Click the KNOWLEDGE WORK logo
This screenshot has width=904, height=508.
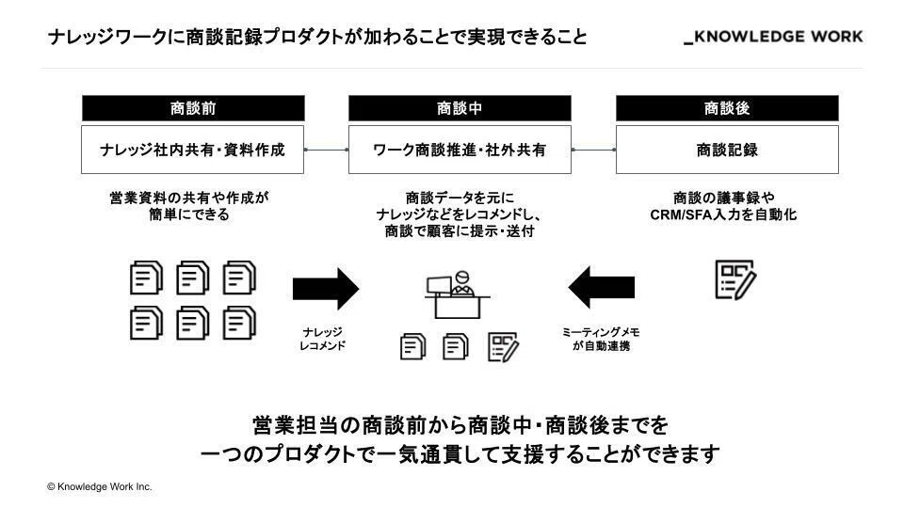[773, 37]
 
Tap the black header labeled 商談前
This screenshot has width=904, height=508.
[193, 108]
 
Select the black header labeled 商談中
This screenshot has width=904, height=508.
[460, 108]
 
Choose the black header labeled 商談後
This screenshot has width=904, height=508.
[727, 108]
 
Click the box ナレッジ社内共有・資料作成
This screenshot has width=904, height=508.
[192, 150]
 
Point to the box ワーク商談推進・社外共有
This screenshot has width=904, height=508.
[460, 150]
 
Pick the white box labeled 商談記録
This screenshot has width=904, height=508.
[727, 150]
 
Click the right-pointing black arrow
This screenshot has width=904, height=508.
[326, 289]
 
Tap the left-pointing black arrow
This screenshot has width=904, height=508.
[602, 288]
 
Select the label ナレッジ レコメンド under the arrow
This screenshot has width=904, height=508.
[323, 339]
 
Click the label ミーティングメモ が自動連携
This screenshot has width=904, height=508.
[601, 339]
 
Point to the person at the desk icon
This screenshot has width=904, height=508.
[458, 294]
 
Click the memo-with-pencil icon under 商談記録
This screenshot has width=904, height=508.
[735, 280]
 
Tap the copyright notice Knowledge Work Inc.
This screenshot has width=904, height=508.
[100, 486]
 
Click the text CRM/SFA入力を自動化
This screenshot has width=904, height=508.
[723, 214]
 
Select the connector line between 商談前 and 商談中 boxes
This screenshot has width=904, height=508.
[327, 150]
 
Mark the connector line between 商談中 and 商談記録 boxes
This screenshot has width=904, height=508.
[594, 150]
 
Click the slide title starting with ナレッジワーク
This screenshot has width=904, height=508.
[317, 38]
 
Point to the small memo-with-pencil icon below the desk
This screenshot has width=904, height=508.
[503, 347]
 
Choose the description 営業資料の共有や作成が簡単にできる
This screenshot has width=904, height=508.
[189, 206]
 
